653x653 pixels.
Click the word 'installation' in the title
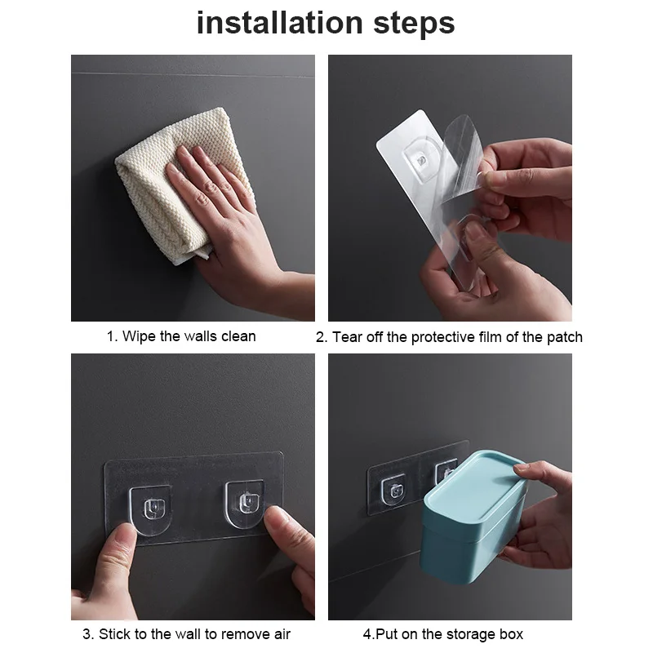pyautogui.click(x=280, y=23)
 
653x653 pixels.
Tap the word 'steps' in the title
pyautogui.click(x=414, y=24)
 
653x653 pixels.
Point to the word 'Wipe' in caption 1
pyautogui.click(x=139, y=336)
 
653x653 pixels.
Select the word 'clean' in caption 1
pyautogui.click(x=238, y=336)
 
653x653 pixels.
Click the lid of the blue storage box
pyautogui.click(x=477, y=491)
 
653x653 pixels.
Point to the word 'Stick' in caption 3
pyautogui.click(x=114, y=634)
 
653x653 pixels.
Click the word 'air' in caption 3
pyautogui.click(x=282, y=634)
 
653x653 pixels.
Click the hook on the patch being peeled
pyautogui.click(x=421, y=160)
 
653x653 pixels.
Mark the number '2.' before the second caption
pyautogui.click(x=322, y=337)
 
